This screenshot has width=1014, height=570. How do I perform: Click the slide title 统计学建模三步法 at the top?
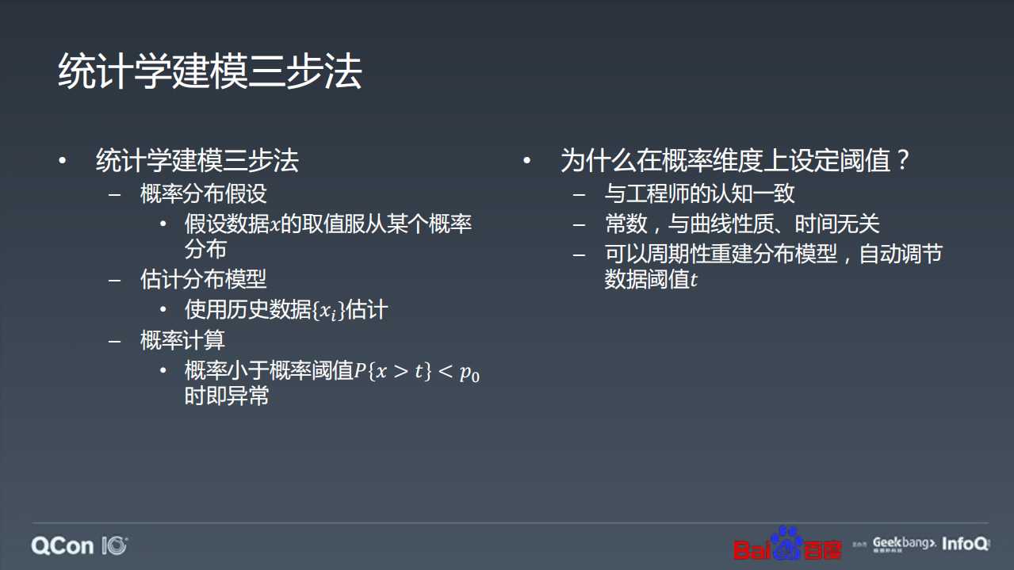click(x=210, y=72)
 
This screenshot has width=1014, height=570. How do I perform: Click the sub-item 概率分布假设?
click(x=204, y=193)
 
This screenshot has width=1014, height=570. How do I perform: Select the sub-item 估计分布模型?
click(x=204, y=279)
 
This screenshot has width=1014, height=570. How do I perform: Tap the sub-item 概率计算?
click(x=182, y=340)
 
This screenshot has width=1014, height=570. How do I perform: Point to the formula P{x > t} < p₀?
click(x=417, y=371)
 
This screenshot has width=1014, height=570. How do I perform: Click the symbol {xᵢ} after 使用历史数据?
click(x=328, y=311)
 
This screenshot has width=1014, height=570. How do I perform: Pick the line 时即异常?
click(x=227, y=396)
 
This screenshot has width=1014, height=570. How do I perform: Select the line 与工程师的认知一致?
click(x=699, y=193)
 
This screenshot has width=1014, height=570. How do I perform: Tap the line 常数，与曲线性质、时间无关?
click(x=742, y=224)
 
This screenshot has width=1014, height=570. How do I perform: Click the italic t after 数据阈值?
click(x=694, y=280)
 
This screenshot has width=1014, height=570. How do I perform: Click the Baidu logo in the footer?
click(x=786, y=544)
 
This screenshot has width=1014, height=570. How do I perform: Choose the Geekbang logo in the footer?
click(x=904, y=544)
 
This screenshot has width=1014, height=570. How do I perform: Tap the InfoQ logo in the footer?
click(x=966, y=544)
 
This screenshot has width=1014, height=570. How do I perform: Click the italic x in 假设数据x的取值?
click(x=275, y=225)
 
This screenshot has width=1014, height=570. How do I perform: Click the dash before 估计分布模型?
click(x=116, y=280)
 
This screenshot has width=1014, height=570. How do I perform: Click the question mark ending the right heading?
click(x=901, y=161)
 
